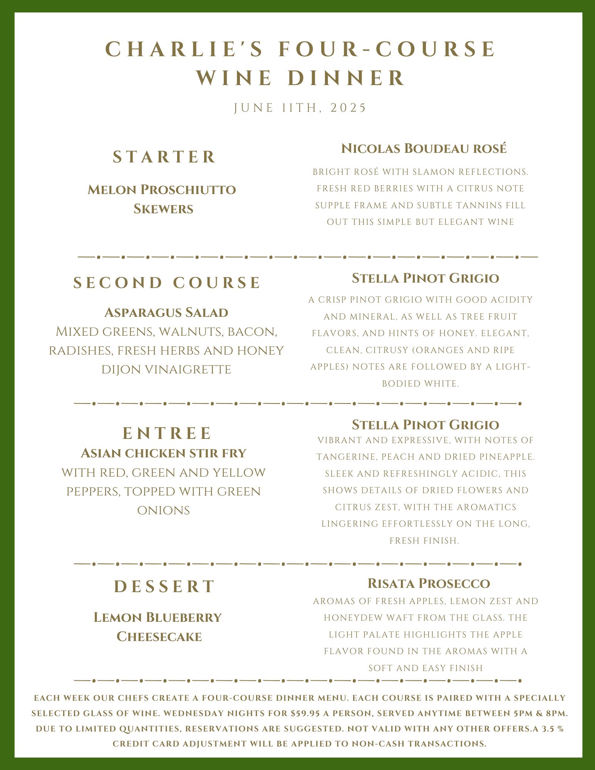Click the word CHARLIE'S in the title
pyautogui.click(x=184, y=49)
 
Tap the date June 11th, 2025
pyautogui.click(x=300, y=108)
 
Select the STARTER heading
pyautogui.click(x=164, y=157)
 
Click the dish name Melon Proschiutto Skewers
pyautogui.click(x=162, y=199)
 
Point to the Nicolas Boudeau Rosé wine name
pyautogui.click(x=424, y=149)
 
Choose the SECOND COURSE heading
pyautogui.click(x=167, y=283)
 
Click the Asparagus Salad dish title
pyautogui.click(x=166, y=313)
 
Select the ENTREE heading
pyautogui.click(x=167, y=434)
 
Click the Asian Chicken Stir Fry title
pyautogui.click(x=163, y=454)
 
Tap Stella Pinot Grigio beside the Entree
pyautogui.click(x=425, y=425)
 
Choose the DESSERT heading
pyautogui.click(x=164, y=587)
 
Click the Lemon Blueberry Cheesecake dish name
pyautogui.click(x=158, y=627)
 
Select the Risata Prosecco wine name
pyautogui.click(x=429, y=584)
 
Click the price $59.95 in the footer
pyautogui.click(x=305, y=713)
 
